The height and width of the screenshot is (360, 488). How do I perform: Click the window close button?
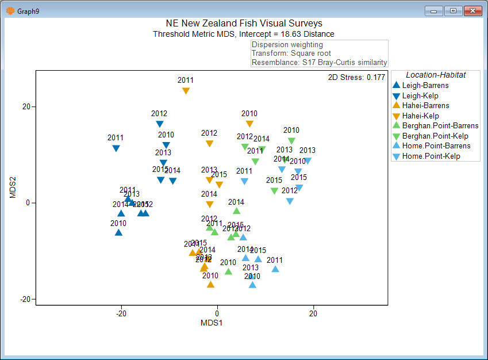point(472,10)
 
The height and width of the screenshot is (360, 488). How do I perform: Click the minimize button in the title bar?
point(433,10)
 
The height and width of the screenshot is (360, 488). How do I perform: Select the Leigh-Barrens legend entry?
point(425,86)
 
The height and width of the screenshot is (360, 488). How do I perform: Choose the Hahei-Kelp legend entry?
point(421,116)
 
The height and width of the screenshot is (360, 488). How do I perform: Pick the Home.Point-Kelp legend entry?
point(431,156)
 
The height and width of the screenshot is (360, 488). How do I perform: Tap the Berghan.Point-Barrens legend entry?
point(440,126)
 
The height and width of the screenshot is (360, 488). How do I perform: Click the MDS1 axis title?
point(212,323)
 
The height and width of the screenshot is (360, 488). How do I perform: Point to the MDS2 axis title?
point(13,187)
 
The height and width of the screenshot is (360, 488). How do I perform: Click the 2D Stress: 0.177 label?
point(356,77)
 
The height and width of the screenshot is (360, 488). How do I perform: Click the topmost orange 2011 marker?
point(186,91)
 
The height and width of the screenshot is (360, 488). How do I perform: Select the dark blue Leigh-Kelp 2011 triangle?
point(116,148)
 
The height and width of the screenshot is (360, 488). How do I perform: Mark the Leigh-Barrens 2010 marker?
point(118,232)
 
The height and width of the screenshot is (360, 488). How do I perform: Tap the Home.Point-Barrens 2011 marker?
point(275,269)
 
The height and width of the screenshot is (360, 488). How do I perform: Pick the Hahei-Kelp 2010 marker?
point(249,124)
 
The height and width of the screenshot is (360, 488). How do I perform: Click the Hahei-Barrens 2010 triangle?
point(210,284)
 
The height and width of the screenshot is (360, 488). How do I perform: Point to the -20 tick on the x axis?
point(121,313)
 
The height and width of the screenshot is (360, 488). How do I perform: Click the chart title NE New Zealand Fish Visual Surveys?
point(244,24)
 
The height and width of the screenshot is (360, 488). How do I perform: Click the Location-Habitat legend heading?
point(435,75)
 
